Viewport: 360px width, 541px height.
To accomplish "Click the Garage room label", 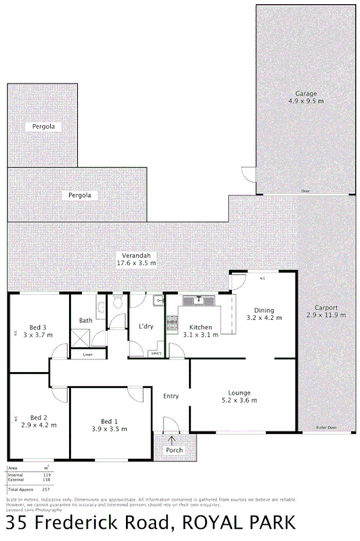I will (x=306, y=94).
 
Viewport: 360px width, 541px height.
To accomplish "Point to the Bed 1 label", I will (x=110, y=420).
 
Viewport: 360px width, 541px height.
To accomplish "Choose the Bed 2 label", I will (x=39, y=417).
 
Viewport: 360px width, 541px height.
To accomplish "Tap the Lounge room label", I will (x=239, y=393).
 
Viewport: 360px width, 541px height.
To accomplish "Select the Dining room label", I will (x=264, y=310).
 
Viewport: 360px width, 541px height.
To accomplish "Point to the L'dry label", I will (x=145, y=327).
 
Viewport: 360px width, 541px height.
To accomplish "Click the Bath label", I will (x=85, y=321).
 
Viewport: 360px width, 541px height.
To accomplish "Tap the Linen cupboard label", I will (x=87, y=355).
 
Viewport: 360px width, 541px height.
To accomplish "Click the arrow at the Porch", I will (x=172, y=441).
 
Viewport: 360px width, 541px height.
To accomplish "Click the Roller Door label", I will (x=325, y=428).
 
